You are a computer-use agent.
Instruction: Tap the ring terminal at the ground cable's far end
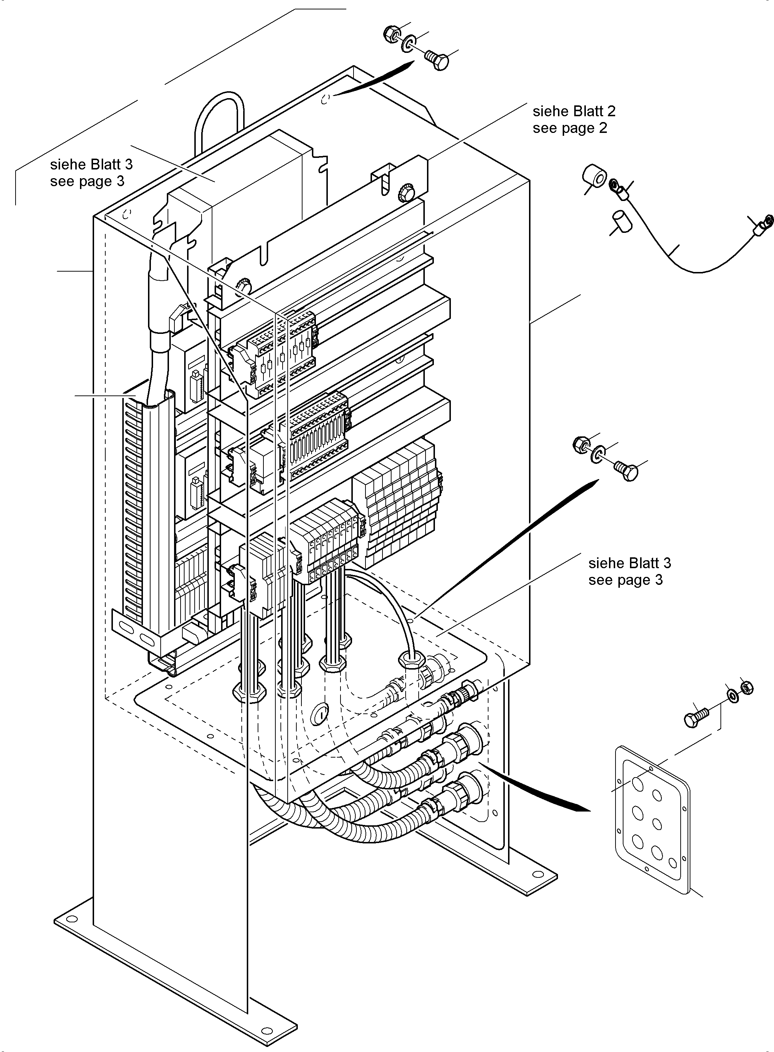point(762,224)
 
